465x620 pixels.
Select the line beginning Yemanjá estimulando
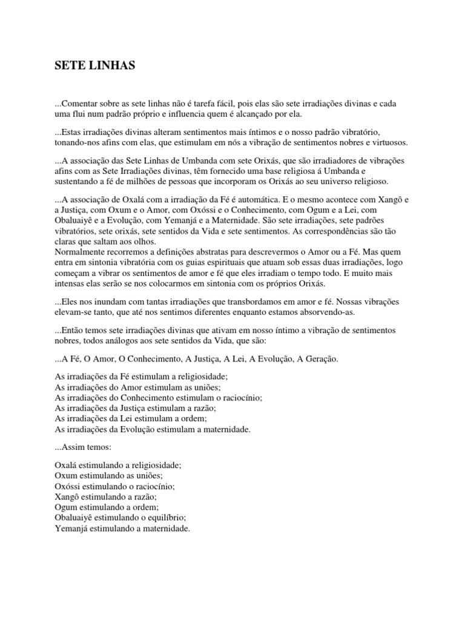122,528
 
